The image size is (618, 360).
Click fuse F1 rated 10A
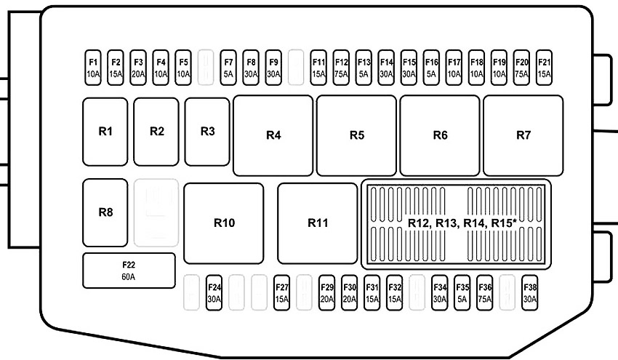coord(93,68)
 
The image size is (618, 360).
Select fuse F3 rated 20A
coord(138,68)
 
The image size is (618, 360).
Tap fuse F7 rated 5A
coord(228,68)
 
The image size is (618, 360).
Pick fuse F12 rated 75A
coord(341,68)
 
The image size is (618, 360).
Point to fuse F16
coord(431,68)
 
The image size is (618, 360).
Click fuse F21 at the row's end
coord(544,68)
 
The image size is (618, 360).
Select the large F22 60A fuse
coord(129,271)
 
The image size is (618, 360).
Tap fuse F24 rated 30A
coord(214,292)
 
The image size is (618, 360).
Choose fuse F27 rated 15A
coord(282,292)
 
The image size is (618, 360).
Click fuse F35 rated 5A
coord(462,292)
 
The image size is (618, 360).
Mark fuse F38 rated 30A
coord(530,292)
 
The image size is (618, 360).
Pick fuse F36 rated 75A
coord(485,292)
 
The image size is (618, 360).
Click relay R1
coord(105,132)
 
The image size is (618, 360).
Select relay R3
coord(207,132)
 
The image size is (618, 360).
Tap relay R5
coord(357,135)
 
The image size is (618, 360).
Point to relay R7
coord(523,135)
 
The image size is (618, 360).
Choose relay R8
coord(105,213)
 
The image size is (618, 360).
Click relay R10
coord(224,223)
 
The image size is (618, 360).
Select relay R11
coord(318,223)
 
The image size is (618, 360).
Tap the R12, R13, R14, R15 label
coord(462,223)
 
